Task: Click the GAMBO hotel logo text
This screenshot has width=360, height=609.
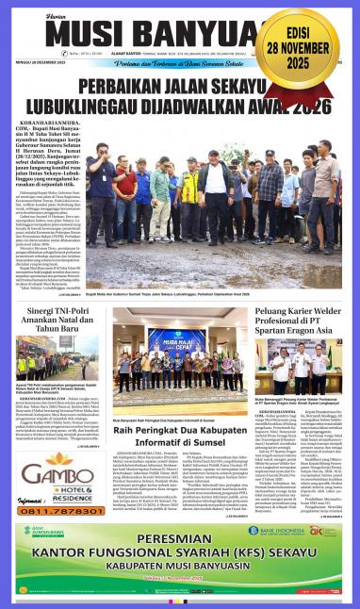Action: (x=53, y=469)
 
